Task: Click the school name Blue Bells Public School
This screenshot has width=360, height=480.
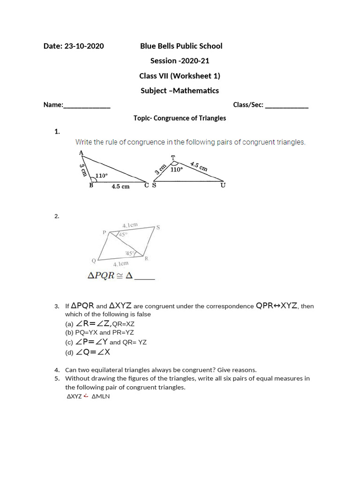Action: pos(181,46)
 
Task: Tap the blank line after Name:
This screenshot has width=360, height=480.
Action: pos(87,106)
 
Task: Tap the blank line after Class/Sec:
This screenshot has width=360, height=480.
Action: pos(287,106)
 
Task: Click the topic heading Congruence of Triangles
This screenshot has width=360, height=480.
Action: pos(180,118)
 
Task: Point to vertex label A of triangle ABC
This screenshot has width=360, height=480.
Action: pos(81,153)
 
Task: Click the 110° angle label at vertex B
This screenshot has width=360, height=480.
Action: pos(101,176)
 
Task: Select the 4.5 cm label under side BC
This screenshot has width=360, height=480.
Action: pos(120,187)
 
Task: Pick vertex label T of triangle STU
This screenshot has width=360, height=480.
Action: pos(173,157)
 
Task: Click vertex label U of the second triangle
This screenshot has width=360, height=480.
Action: pos(223,186)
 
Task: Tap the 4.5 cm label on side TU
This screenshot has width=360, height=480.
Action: pos(199,166)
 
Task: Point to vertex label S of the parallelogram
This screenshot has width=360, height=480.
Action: pos(158,228)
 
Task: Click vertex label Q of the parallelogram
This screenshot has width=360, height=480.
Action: pos(94,261)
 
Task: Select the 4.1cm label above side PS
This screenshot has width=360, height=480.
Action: pos(130,225)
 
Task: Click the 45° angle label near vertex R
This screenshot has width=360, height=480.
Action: pos(129,254)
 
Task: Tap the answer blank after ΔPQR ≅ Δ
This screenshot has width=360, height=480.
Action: pos(145,277)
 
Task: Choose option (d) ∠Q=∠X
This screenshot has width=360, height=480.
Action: pos(87,352)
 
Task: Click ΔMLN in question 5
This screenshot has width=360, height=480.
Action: pos(101,397)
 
